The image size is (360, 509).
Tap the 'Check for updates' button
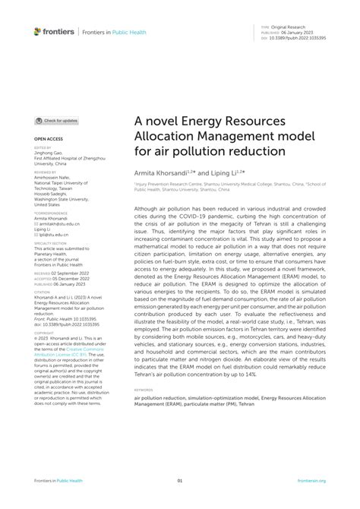[x=56, y=121]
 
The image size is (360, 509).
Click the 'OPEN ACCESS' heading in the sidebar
[x=47, y=140]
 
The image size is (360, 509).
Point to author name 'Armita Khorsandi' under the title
[x=162, y=174]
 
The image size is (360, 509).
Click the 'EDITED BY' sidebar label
[x=42, y=148]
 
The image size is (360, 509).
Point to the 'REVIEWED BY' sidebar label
[x=44, y=172]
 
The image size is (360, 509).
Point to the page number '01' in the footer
[x=180, y=481]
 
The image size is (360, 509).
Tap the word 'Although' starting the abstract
[x=148, y=207]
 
